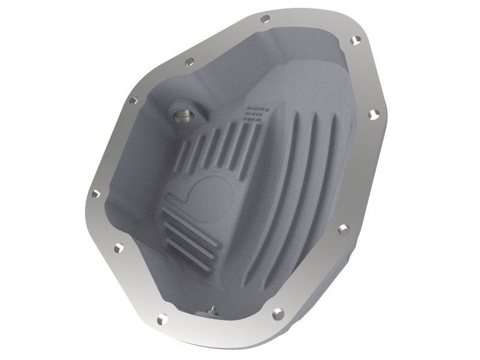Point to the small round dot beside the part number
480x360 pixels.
(268, 109)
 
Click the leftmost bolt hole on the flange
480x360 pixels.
(94, 194)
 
